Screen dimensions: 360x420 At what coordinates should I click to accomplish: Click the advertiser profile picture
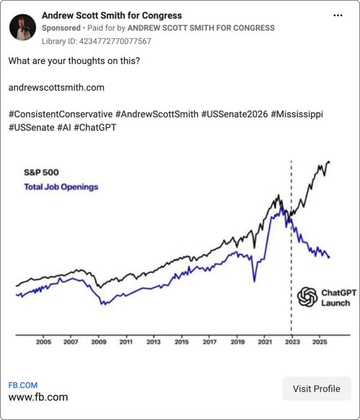coord(22,27)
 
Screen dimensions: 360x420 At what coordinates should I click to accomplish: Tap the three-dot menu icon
coord(338,16)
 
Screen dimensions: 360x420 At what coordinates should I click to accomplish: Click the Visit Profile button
coord(317,388)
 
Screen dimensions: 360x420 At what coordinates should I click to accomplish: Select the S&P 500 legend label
coord(41,172)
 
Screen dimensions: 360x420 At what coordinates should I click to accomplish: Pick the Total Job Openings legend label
coord(61,187)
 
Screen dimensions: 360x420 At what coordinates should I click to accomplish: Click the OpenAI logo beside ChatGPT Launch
coord(307,297)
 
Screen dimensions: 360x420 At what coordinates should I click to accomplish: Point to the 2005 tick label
coord(43,342)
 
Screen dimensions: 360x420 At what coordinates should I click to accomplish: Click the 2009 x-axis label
coord(99,342)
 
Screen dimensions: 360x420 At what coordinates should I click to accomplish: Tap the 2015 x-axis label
coord(181,342)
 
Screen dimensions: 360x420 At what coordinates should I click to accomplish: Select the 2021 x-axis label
coord(265,342)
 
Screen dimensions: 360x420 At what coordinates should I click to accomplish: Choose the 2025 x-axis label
coord(320,342)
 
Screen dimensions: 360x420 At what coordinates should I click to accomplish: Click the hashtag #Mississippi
coord(297,114)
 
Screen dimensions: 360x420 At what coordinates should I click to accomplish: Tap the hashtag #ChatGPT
coord(95,127)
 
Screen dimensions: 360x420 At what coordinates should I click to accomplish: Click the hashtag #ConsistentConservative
coord(60,114)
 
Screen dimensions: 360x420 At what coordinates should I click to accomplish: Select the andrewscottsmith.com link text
coord(56,88)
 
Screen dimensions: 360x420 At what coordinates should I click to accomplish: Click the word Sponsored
coord(61,28)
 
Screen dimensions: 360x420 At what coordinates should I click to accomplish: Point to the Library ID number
coord(115,41)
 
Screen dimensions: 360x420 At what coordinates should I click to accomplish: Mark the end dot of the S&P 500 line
coord(329,162)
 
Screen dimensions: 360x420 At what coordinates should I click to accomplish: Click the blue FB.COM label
coord(23,385)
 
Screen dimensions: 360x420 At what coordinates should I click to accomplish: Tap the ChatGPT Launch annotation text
coord(338,298)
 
